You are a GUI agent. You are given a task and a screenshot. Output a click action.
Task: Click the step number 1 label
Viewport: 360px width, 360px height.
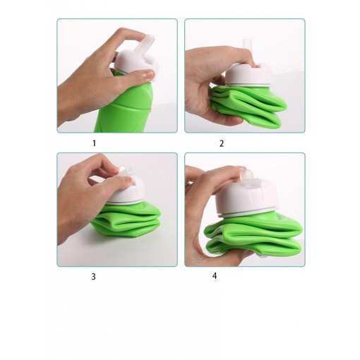click(95, 143)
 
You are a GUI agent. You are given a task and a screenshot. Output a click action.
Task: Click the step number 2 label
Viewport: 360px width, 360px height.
click(222, 143)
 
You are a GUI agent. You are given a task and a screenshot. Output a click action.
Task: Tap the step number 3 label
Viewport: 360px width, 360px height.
click(93, 277)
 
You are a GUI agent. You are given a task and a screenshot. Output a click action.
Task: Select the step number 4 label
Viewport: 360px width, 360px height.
click(215, 276)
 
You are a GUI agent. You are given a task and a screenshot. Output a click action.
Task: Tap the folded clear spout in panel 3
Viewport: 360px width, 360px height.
click(126, 170)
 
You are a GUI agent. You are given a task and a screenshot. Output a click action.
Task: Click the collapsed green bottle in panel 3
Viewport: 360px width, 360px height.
click(126, 220)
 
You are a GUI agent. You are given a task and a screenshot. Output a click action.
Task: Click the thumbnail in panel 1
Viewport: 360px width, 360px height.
click(148, 76)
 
